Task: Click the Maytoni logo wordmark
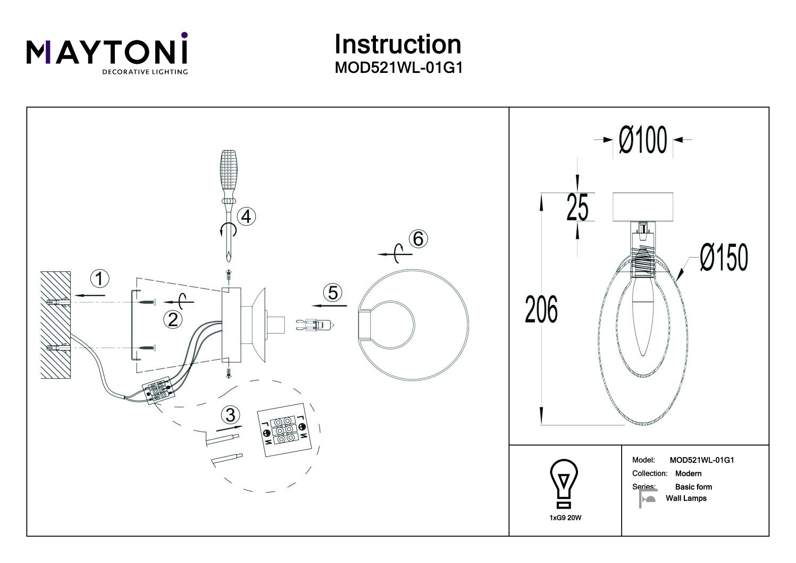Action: pos(107,52)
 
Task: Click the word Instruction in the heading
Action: pos(397,44)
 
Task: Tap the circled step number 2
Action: pos(173,320)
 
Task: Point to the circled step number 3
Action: pos(230,415)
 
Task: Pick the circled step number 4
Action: pos(247,217)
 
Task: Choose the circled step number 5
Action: pos(333,293)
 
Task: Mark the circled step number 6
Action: pos(418,239)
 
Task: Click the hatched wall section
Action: pos(56,325)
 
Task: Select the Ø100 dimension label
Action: pos(643,140)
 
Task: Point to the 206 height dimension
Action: pos(541,310)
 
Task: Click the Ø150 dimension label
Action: pos(724,258)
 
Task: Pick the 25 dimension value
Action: pos(577,207)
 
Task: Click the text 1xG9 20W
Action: pos(565,517)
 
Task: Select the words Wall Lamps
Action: pos(686,499)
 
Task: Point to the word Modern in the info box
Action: pos(688,474)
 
